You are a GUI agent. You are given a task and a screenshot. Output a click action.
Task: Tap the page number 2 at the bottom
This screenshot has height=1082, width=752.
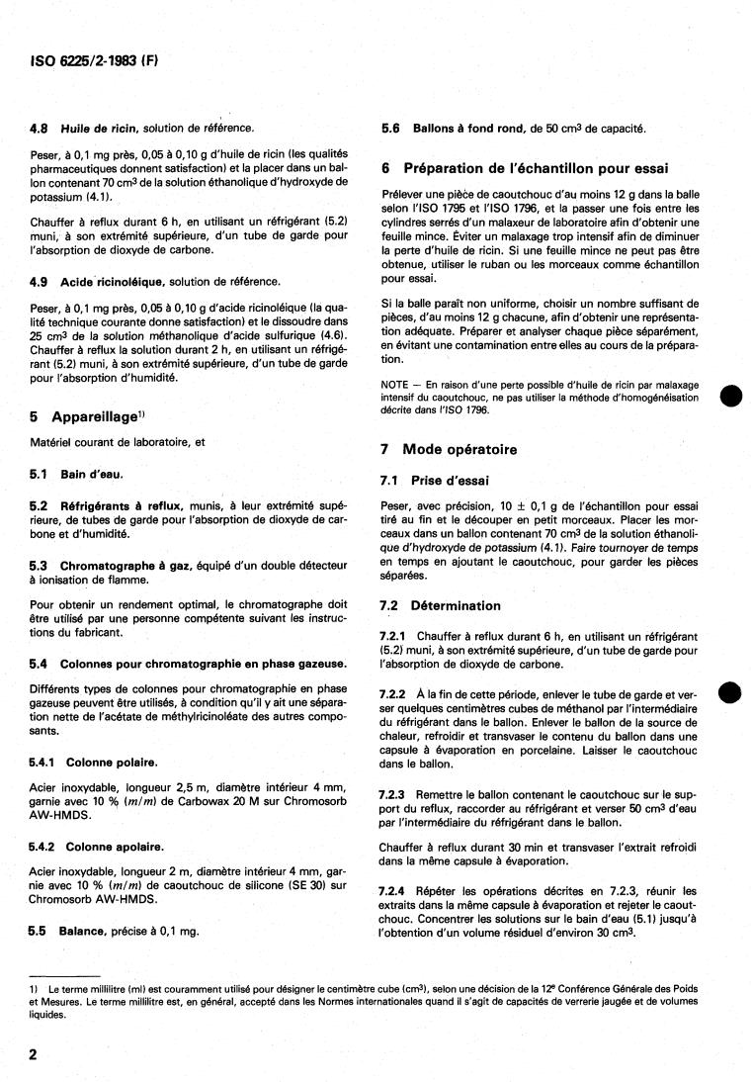pyautogui.click(x=33, y=1054)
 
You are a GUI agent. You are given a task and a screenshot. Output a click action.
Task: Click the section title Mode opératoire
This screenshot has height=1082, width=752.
pyautogui.click(x=463, y=449)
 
